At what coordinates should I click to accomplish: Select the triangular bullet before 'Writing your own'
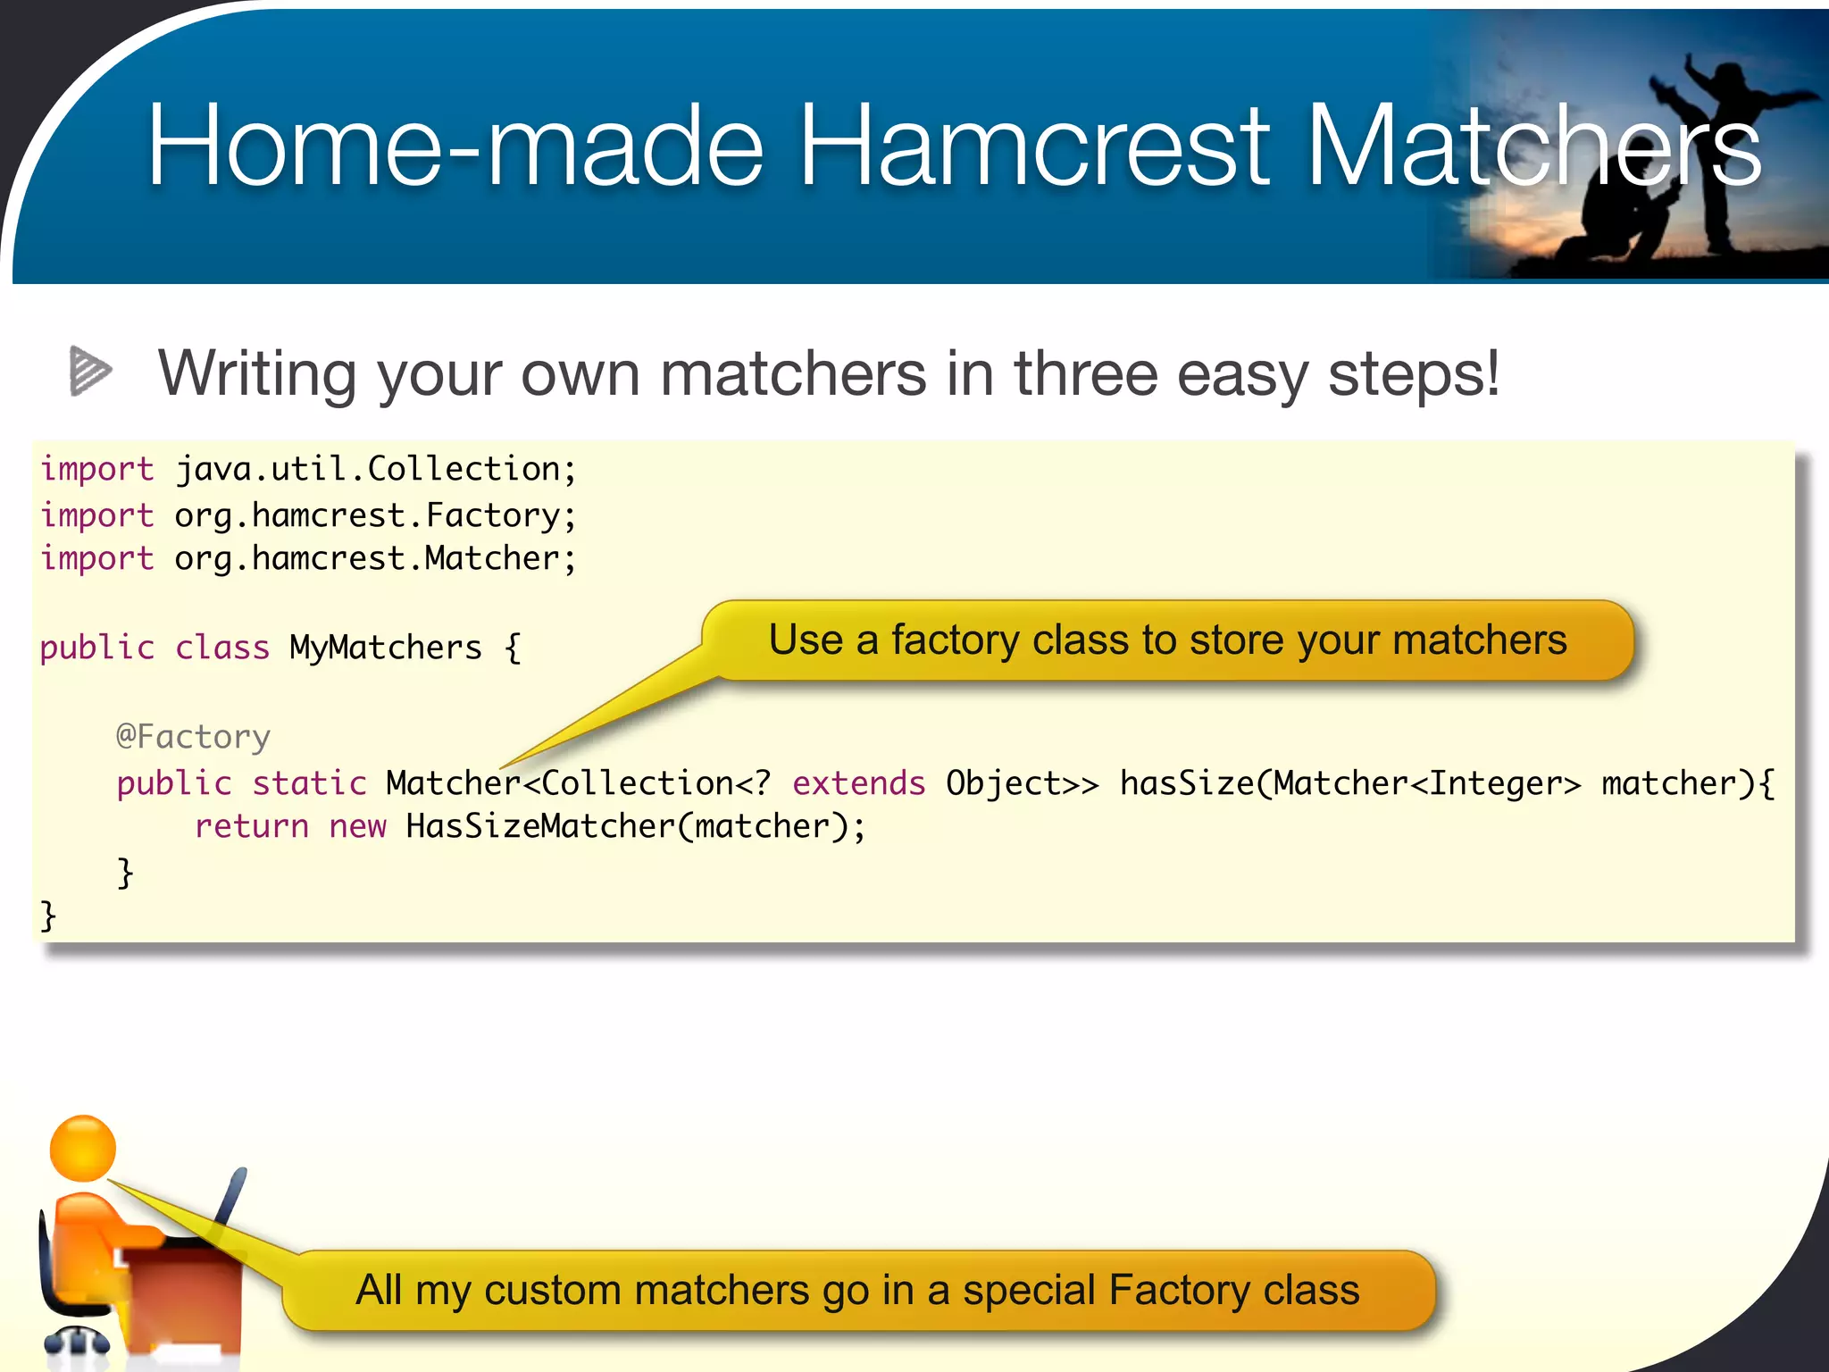90,370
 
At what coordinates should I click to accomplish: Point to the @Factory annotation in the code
193,737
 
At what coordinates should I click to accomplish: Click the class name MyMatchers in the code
385,648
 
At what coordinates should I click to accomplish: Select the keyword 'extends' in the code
858,783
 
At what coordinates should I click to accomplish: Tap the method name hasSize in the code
1187,783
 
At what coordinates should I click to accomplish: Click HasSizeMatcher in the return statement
539,826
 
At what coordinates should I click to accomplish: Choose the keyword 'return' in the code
251,826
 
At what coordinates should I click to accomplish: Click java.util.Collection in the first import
367,469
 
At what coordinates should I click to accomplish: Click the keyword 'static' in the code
309,783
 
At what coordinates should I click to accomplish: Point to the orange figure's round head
83,1149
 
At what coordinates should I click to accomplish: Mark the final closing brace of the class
48,916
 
